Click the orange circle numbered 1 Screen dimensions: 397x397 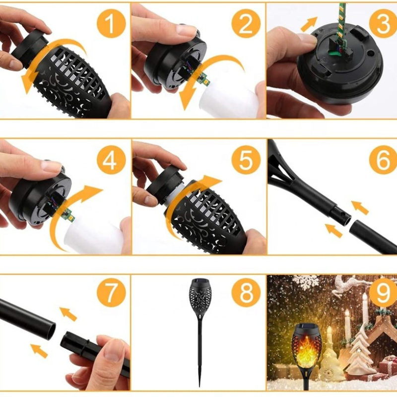click(111, 23)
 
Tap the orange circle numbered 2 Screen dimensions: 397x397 click(246, 23)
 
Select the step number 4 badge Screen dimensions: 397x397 click(111, 160)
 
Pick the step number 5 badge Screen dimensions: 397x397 click(246, 160)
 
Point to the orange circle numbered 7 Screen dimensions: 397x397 click(111, 295)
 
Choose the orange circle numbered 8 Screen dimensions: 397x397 click(246, 295)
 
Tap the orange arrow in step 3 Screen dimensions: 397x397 click(309, 24)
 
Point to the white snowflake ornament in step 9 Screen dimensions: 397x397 click(305, 282)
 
